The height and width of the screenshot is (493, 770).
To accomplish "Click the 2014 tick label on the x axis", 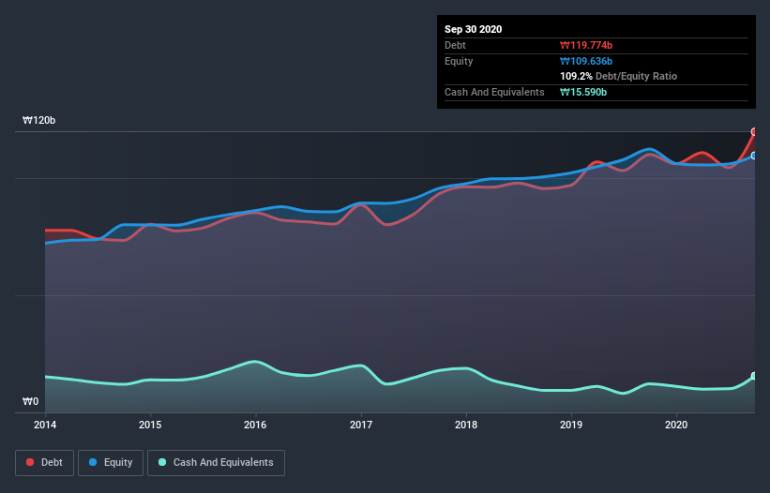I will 45,425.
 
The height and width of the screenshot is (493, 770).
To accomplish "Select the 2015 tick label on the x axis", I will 150,425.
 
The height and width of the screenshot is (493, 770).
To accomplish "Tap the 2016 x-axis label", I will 255,425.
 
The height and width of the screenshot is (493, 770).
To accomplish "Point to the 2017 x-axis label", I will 361,425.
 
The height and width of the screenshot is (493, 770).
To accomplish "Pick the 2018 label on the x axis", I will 466,425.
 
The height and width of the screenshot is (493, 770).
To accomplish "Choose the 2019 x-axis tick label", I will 571,425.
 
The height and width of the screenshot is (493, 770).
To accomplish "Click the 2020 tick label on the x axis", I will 676,425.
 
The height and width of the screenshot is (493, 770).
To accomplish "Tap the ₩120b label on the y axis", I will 39,121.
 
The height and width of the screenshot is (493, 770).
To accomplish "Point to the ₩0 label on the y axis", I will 31,402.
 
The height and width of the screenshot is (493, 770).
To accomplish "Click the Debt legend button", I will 44,462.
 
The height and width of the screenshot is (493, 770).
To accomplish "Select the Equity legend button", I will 111,462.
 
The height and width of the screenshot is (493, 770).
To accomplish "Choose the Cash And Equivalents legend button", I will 216,462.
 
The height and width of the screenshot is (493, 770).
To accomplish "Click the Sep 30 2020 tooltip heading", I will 474,29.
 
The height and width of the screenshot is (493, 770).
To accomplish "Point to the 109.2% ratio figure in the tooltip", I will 576,76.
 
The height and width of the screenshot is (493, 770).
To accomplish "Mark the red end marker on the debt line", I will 754,132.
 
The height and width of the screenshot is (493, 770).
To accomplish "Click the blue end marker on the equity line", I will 754,156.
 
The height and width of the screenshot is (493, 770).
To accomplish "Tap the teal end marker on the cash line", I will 754,376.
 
